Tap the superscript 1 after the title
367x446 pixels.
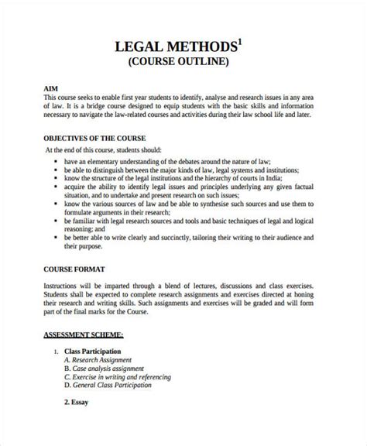click(238, 41)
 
